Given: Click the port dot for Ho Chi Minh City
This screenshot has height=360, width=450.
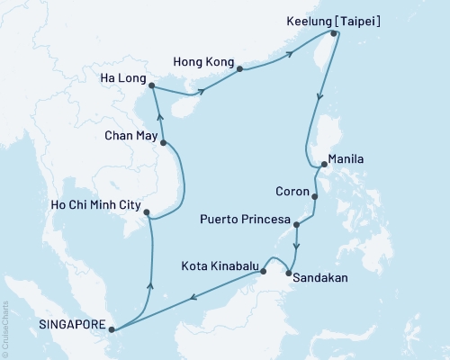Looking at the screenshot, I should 147,213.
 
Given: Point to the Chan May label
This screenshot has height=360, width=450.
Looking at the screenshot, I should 125,135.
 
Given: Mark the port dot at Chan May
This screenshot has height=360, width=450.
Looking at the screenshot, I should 163,142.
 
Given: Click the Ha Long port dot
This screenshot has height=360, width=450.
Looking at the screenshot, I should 150,86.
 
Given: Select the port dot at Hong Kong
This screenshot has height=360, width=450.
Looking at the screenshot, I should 240,68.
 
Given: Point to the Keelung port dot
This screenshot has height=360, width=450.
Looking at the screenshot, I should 335,34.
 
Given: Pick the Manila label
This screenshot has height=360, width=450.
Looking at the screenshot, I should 346,158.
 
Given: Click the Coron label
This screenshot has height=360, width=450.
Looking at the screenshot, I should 292,190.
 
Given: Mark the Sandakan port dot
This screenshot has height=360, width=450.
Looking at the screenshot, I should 288,274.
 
